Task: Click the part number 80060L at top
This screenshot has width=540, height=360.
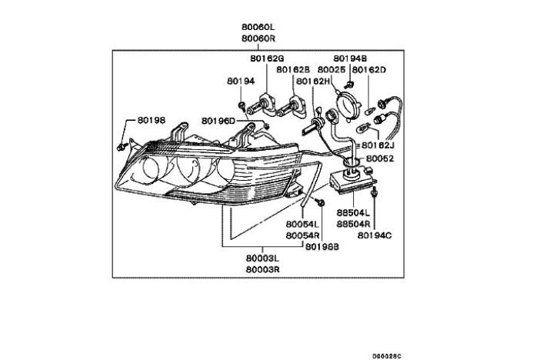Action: [259, 26]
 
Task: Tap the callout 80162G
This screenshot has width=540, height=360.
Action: [267, 58]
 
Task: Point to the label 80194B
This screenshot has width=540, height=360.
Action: [350, 58]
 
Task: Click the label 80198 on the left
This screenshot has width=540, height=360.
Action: [152, 120]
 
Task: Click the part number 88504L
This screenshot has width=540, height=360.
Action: [354, 210]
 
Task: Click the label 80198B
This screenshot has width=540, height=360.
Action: [322, 247]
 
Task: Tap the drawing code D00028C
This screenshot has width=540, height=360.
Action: [386, 355]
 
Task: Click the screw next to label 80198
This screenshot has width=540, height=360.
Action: [123, 144]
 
